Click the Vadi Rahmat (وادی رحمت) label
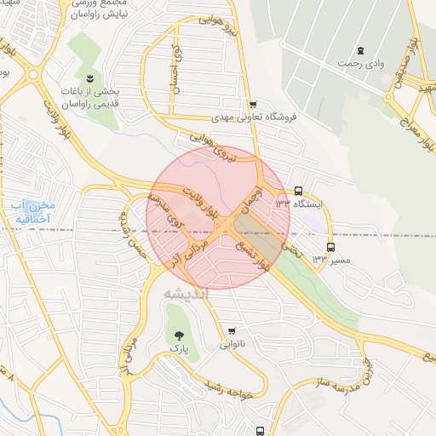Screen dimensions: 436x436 tap(357, 64)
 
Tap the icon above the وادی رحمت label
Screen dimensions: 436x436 tap(361, 50)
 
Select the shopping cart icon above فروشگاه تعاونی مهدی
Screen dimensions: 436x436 tap(253, 104)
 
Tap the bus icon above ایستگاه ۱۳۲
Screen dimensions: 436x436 tap(298, 192)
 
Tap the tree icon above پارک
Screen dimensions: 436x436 tap(178, 335)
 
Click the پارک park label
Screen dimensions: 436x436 tap(177, 349)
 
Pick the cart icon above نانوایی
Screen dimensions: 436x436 tap(231, 331)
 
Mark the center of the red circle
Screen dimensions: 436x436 tap(218, 217)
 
